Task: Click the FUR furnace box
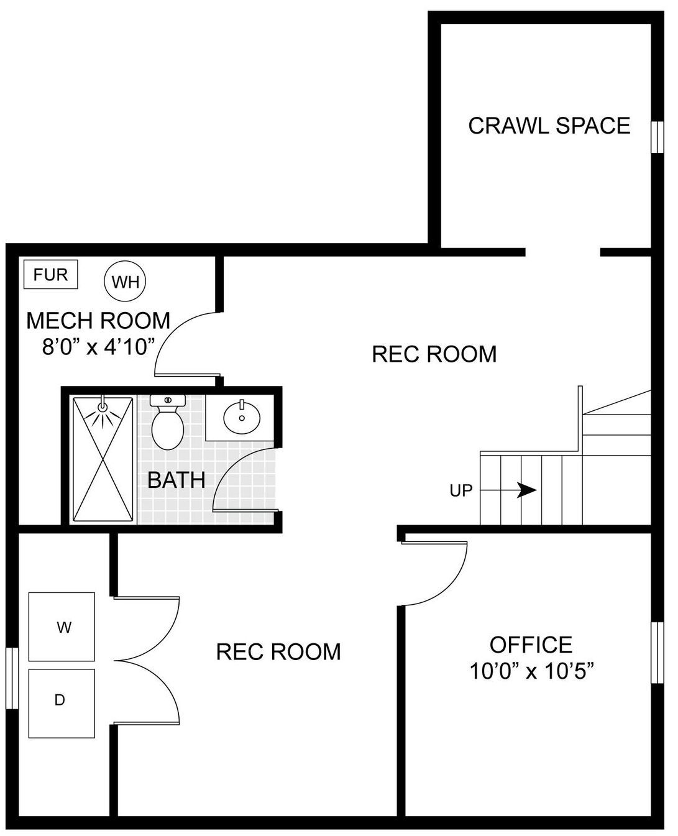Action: click(50, 274)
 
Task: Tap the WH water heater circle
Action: click(125, 281)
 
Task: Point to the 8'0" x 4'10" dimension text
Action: click(97, 346)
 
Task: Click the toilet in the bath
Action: click(168, 421)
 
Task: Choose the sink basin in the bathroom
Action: click(242, 417)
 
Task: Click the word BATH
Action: click(176, 480)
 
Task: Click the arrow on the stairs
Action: click(508, 490)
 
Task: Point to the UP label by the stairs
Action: click(461, 490)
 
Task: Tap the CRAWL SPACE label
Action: click(549, 126)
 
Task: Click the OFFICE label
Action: click(531, 645)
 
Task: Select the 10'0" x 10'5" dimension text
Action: click(532, 671)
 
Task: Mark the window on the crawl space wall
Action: click(657, 137)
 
